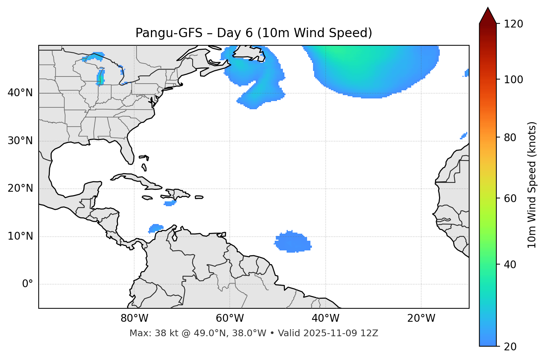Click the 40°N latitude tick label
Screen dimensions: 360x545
click(20, 93)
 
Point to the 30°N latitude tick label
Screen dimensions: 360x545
click(20, 141)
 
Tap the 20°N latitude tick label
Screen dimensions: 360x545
click(20, 188)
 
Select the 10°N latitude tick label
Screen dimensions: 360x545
click(20, 236)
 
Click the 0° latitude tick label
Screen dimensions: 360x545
click(28, 284)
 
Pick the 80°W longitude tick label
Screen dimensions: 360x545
click(134, 318)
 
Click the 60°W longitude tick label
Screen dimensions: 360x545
click(230, 318)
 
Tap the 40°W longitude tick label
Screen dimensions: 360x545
click(325, 318)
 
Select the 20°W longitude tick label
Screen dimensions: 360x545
click(421, 318)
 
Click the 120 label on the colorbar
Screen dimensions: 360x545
click(513, 24)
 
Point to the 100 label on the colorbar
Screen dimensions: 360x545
click(513, 80)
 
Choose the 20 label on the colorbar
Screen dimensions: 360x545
click(510, 347)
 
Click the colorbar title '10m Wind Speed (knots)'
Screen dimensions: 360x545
click(532, 185)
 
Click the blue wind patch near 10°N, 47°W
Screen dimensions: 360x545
click(293, 242)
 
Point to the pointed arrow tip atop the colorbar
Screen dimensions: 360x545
click(488, 9)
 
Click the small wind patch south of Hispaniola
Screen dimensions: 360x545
click(170, 203)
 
